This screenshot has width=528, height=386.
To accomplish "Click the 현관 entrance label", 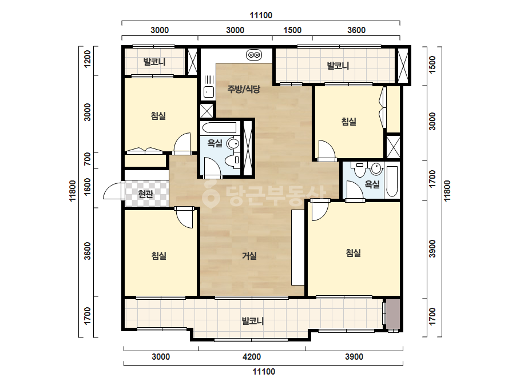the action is point(146,194).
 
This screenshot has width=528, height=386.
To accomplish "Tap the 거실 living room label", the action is point(249,256).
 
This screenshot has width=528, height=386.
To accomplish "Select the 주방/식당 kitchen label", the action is point(244,89).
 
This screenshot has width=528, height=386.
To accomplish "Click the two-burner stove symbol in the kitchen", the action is point(254,54).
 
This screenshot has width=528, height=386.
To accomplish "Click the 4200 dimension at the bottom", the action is point(252,357).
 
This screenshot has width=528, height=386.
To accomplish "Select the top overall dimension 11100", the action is point(261,15).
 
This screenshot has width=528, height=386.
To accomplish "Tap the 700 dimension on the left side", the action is point(88,159).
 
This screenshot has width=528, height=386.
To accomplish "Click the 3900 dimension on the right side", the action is point(432,249).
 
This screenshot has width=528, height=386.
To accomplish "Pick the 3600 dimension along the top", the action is point(356,30).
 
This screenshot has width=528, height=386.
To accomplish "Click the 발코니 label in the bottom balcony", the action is point(252,321).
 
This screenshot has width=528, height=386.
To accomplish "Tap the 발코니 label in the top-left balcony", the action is point(154,62).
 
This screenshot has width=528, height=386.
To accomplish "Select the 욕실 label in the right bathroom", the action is point(372,184).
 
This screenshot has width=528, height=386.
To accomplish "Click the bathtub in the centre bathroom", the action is point(219,128).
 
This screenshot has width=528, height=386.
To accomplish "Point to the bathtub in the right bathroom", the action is point(391,181).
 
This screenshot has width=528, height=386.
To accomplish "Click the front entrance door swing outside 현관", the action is point(113,191).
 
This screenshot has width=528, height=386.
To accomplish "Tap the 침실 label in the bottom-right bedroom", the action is point(353,252).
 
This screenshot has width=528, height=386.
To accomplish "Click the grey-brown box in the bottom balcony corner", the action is point(393,314).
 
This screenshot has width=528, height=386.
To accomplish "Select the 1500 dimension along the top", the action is point(292,30).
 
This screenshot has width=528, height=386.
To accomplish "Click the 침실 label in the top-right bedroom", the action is point(348,121).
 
